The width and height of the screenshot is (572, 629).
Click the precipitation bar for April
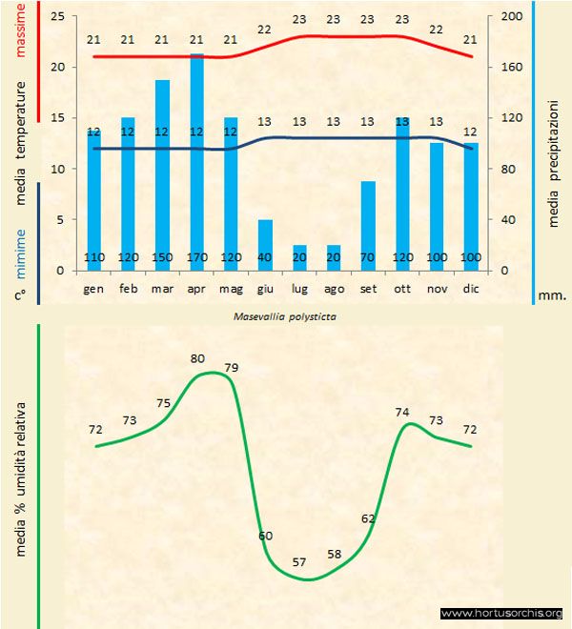click(x=196, y=162)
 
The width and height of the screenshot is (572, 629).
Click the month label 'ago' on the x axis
click(x=334, y=287)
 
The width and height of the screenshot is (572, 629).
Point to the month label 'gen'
click(x=93, y=287)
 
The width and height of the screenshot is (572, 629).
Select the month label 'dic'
click(x=471, y=287)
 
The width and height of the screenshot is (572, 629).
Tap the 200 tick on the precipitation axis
click(x=511, y=17)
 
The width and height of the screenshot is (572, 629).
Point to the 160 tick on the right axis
click(x=511, y=68)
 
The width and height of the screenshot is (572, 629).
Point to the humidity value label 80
click(x=197, y=359)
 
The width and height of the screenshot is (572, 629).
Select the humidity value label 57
click(x=299, y=562)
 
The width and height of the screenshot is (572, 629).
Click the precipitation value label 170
click(x=196, y=258)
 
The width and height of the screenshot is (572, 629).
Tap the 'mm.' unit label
click(x=552, y=295)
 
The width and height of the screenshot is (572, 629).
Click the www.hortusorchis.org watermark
click(x=502, y=613)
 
